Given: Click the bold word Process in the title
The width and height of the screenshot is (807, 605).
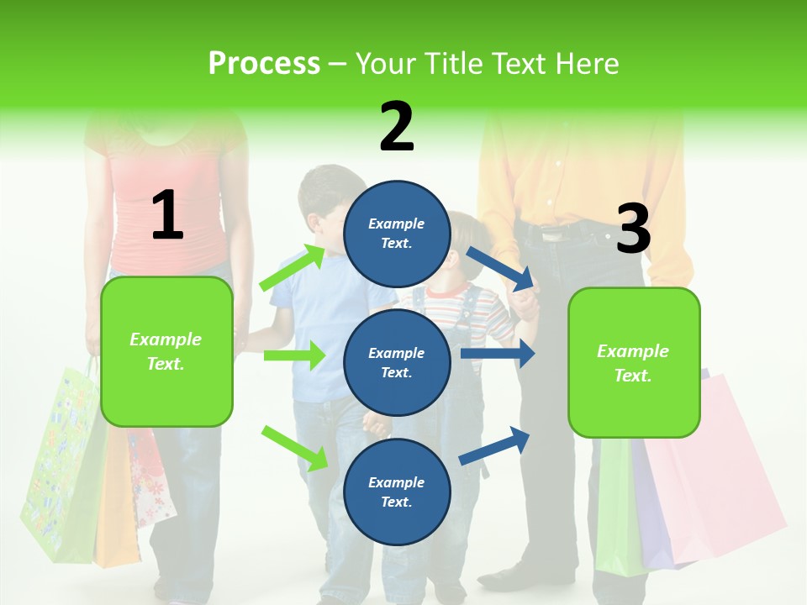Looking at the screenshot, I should click(x=264, y=63).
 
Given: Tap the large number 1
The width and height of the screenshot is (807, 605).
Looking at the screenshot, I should click(x=167, y=215).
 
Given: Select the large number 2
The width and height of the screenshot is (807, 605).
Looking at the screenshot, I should click(x=397, y=126).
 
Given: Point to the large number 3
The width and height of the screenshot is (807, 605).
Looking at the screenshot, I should click(x=633, y=229).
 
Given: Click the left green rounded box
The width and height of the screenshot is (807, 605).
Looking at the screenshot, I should click(x=166, y=351).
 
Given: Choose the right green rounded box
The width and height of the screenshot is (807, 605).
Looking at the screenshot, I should click(x=634, y=363).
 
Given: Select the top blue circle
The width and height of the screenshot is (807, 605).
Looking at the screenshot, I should click(x=397, y=234).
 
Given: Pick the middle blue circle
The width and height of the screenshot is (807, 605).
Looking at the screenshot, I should click(x=397, y=362).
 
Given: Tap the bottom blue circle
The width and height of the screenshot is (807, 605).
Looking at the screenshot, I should click(x=397, y=492).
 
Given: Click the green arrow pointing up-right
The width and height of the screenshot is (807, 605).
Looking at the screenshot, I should click(x=293, y=267).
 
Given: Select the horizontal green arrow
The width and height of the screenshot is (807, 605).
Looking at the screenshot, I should click(x=294, y=355).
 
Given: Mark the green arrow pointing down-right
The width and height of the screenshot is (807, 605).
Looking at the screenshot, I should click(x=295, y=448).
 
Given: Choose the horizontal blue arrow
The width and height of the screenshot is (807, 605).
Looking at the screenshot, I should click(x=498, y=354).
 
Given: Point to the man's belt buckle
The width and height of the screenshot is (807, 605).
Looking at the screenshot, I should click(x=552, y=236).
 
